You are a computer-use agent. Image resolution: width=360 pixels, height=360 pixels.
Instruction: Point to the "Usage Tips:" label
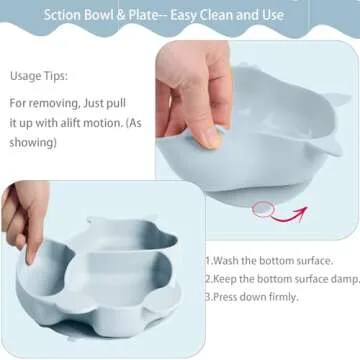[x=41, y=74]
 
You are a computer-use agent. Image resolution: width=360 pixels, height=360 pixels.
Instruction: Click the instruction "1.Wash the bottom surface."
[x=277, y=258]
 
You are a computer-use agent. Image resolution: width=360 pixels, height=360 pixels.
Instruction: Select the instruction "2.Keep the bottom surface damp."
[x=281, y=278]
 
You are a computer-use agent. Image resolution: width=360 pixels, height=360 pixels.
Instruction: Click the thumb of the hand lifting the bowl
[x=205, y=130]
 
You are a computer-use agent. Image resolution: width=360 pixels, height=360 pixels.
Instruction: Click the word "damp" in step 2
[x=342, y=278]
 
